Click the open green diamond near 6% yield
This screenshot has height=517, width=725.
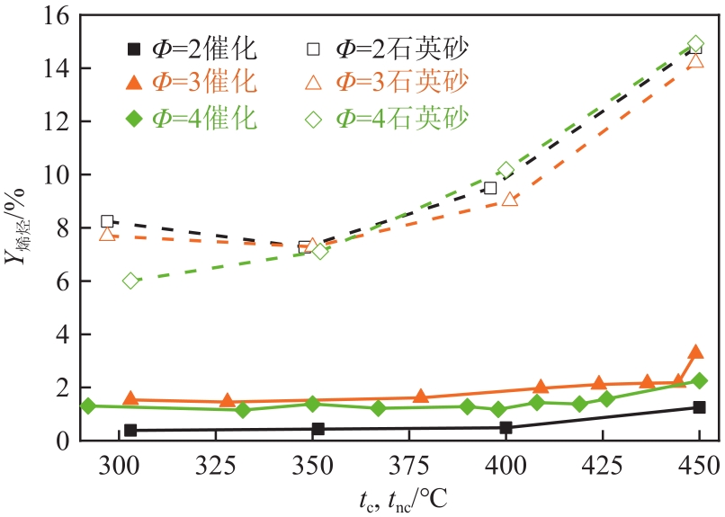(130, 281)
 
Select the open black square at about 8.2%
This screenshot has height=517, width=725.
(107, 221)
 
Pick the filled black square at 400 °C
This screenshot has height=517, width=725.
(506, 428)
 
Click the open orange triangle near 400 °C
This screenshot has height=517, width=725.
(510, 200)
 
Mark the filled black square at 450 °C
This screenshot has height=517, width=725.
(699, 407)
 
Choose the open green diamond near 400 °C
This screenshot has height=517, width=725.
(506, 170)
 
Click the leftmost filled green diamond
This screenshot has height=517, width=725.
(88, 406)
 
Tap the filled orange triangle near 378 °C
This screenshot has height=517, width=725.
(420, 397)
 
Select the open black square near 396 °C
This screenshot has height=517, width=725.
(490, 189)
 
